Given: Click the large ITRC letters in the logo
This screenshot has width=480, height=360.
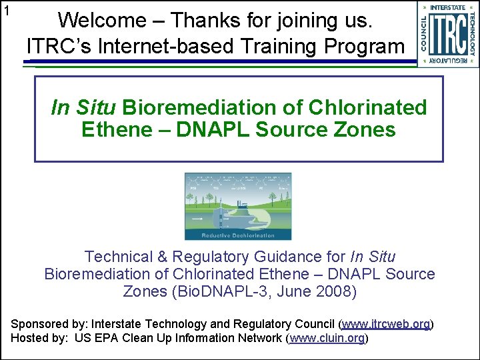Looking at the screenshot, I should (x=447, y=33).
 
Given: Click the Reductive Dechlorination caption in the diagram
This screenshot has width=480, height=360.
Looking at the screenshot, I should (x=238, y=235).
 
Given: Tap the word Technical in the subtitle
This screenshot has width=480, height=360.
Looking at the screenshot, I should (x=116, y=257).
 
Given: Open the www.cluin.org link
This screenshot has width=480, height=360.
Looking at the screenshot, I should (x=327, y=338).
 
